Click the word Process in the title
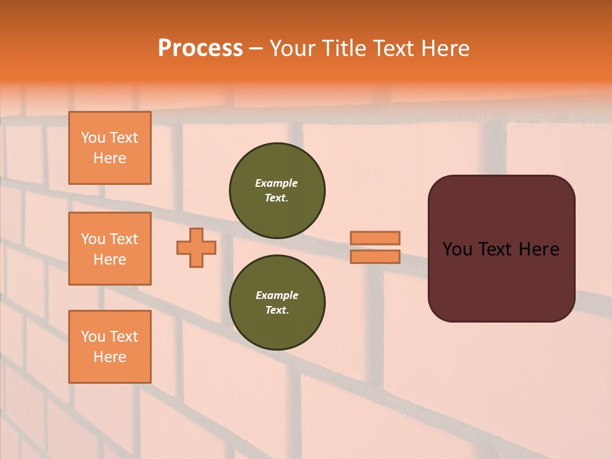(x=200, y=48)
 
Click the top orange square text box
(x=110, y=148)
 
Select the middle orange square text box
(x=110, y=249)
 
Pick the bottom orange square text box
(x=110, y=347)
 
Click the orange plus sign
(x=196, y=247)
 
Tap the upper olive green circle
(x=277, y=191)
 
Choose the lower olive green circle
(x=277, y=303)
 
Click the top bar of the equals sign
(x=375, y=238)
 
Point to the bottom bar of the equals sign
(x=375, y=257)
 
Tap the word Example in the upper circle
(x=277, y=184)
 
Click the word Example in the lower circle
(x=277, y=296)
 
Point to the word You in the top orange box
(x=93, y=138)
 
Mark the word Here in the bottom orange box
(x=110, y=357)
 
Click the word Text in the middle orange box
(x=124, y=239)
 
